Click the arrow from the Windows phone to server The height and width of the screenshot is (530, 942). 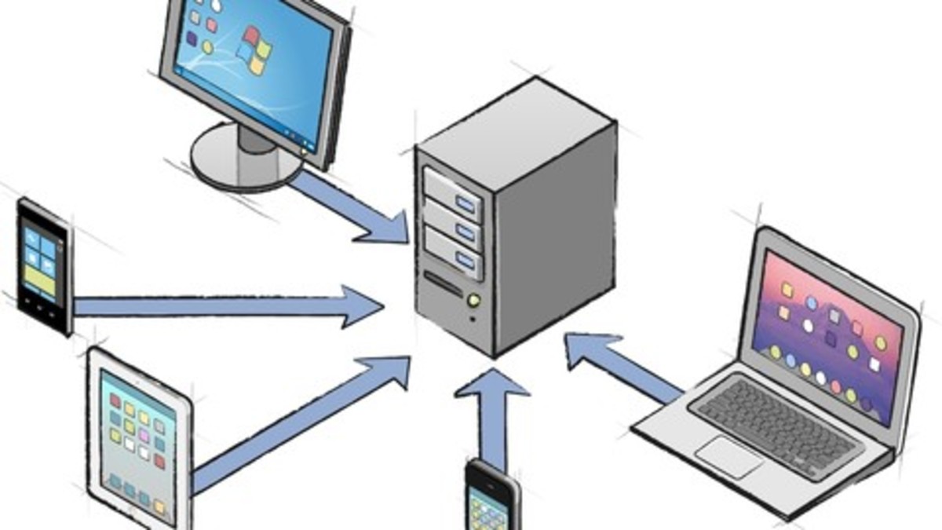pyautogui.click(x=228, y=305)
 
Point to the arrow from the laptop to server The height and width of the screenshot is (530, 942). pyautogui.click(x=624, y=365)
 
